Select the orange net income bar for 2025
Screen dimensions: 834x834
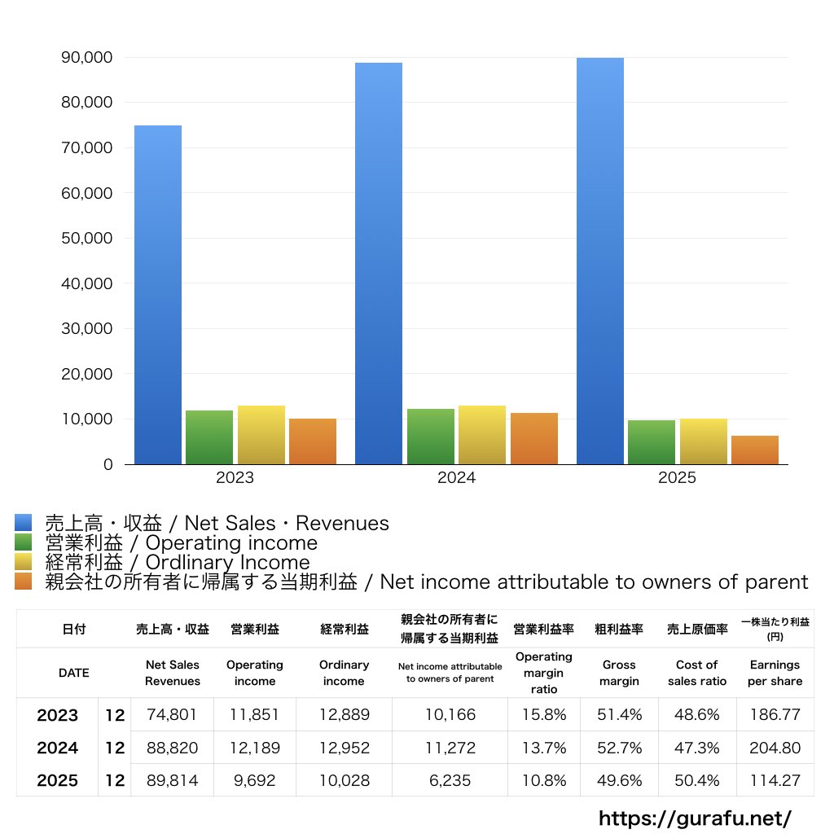click(755, 450)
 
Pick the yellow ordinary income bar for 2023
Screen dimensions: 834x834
click(261, 435)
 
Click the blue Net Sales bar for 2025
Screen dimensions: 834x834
click(600, 261)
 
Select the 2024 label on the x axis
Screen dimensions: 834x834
click(456, 478)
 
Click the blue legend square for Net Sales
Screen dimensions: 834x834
click(23, 523)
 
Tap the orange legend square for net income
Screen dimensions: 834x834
click(23, 582)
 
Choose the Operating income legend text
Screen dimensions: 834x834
click(181, 542)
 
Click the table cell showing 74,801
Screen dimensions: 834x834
click(172, 715)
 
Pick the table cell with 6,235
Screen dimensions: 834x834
click(450, 780)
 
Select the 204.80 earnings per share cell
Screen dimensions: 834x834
click(775, 748)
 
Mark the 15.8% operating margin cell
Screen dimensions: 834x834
click(543, 715)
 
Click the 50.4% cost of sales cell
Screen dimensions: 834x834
click(696, 780)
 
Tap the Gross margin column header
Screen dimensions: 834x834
click(619, 673)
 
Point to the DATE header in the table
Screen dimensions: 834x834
click(74, 673)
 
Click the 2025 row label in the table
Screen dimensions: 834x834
click(58, 780)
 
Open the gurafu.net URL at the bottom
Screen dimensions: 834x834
click(695, 818)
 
